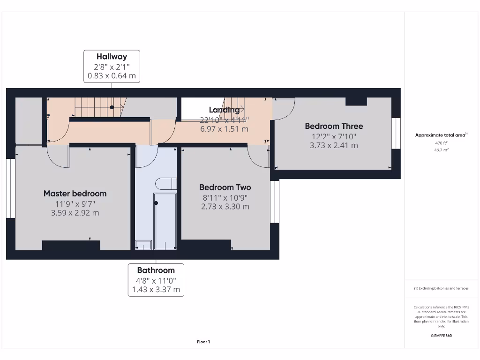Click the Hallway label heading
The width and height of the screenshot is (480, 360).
(x=112, y=57)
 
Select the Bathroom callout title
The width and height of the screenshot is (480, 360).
(x=156, y=270)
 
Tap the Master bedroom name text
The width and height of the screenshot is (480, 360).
(x=75, y=194)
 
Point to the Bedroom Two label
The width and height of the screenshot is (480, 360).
(x=225, y=187)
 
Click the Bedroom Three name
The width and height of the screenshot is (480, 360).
(x=334, y=126)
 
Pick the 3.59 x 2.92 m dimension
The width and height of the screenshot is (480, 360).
(x=75, y=213)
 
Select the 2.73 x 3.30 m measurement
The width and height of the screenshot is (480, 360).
(x=225, y=207)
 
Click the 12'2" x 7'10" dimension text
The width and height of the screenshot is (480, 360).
(x=334, y=136)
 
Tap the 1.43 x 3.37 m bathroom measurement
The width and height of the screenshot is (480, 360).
(x=156, y=290)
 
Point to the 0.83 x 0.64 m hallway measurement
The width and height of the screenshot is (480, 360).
(x=112, y=75)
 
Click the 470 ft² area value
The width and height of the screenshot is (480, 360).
(x=442, y=143)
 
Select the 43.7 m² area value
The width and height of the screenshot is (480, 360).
(x=442, y=150)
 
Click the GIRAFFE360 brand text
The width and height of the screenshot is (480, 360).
(x=442, y=336)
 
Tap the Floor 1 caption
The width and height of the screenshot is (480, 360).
(x=203, y=342)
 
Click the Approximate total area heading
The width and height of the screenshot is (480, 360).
(x=441, y=135)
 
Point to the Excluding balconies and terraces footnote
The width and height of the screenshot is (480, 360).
(x=441, y=289)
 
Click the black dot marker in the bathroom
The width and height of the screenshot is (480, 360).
(x=156, y=203)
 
